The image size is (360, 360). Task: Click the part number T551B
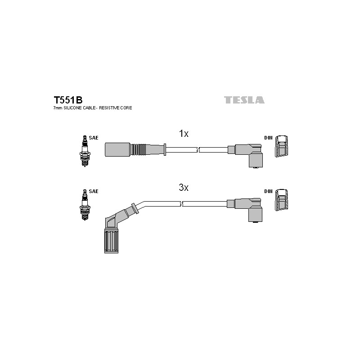68,100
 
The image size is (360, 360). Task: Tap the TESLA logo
244,100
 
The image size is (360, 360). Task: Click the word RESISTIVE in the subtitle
109,108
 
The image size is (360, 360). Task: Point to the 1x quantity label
184,133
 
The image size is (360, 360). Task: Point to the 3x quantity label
184,188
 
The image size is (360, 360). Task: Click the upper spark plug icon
85,151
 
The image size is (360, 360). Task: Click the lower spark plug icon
85,205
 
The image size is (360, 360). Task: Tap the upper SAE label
94,138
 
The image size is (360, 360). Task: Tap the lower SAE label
94,191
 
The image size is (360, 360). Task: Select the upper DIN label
268,138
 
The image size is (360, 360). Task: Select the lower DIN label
268,191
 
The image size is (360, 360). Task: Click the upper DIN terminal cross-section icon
282,146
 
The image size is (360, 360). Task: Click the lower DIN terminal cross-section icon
282,200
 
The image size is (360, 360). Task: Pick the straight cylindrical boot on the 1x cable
117,150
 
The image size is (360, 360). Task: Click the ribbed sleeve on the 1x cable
138,150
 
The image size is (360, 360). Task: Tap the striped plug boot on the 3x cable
111,241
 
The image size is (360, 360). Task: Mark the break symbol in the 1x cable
198,150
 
